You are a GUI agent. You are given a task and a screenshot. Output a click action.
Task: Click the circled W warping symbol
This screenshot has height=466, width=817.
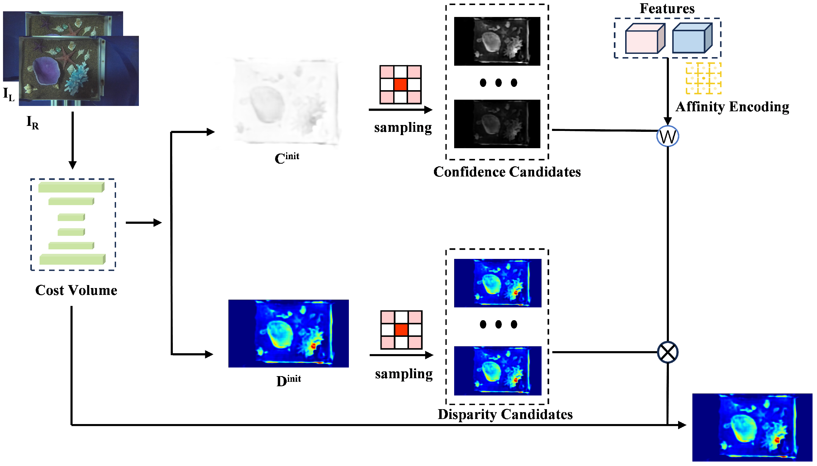(667, 136)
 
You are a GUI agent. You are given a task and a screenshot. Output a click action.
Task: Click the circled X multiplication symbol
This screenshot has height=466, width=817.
(667, 352)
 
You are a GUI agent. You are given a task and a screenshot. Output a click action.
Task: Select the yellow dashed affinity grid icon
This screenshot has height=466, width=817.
(703, 78)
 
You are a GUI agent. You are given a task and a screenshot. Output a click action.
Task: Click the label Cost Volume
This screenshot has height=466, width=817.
(76, 290)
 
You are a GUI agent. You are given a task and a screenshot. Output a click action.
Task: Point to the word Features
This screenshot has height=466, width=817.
(667, 9)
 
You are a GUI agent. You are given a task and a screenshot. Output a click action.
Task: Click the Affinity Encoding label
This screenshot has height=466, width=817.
(732, 107)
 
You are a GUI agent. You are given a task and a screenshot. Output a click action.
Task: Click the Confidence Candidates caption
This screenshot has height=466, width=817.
(507, 172)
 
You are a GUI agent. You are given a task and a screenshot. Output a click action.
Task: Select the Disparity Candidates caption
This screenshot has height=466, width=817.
(505, 414)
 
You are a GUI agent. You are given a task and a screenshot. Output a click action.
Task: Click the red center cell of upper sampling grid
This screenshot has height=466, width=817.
(400, 85)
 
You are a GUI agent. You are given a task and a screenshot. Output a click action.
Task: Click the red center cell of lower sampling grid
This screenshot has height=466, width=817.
(401, 330)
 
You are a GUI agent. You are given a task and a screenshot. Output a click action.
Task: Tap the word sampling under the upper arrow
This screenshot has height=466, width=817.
(403, 127)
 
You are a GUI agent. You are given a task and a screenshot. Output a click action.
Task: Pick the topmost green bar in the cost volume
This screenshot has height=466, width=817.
(71, 187)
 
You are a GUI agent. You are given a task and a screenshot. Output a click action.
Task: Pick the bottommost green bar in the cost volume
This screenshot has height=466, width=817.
(72, 259)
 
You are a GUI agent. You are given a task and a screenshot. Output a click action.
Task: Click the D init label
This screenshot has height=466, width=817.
(288, 381)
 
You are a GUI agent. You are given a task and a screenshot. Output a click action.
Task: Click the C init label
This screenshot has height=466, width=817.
(287, 158)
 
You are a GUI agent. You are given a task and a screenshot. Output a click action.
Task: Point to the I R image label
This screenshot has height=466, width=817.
(32, 123)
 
